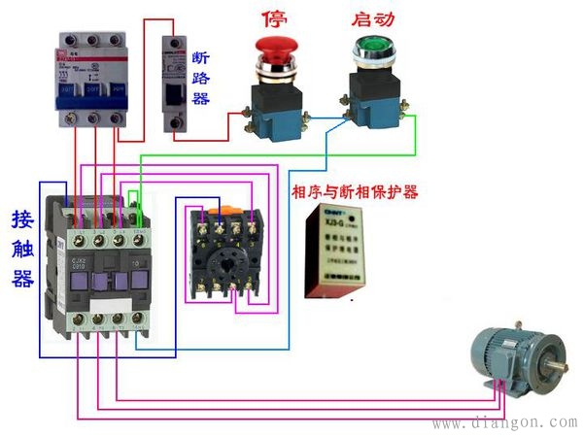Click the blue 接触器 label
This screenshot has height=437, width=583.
coord(22,248)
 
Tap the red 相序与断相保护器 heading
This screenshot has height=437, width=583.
coord(355,192)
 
